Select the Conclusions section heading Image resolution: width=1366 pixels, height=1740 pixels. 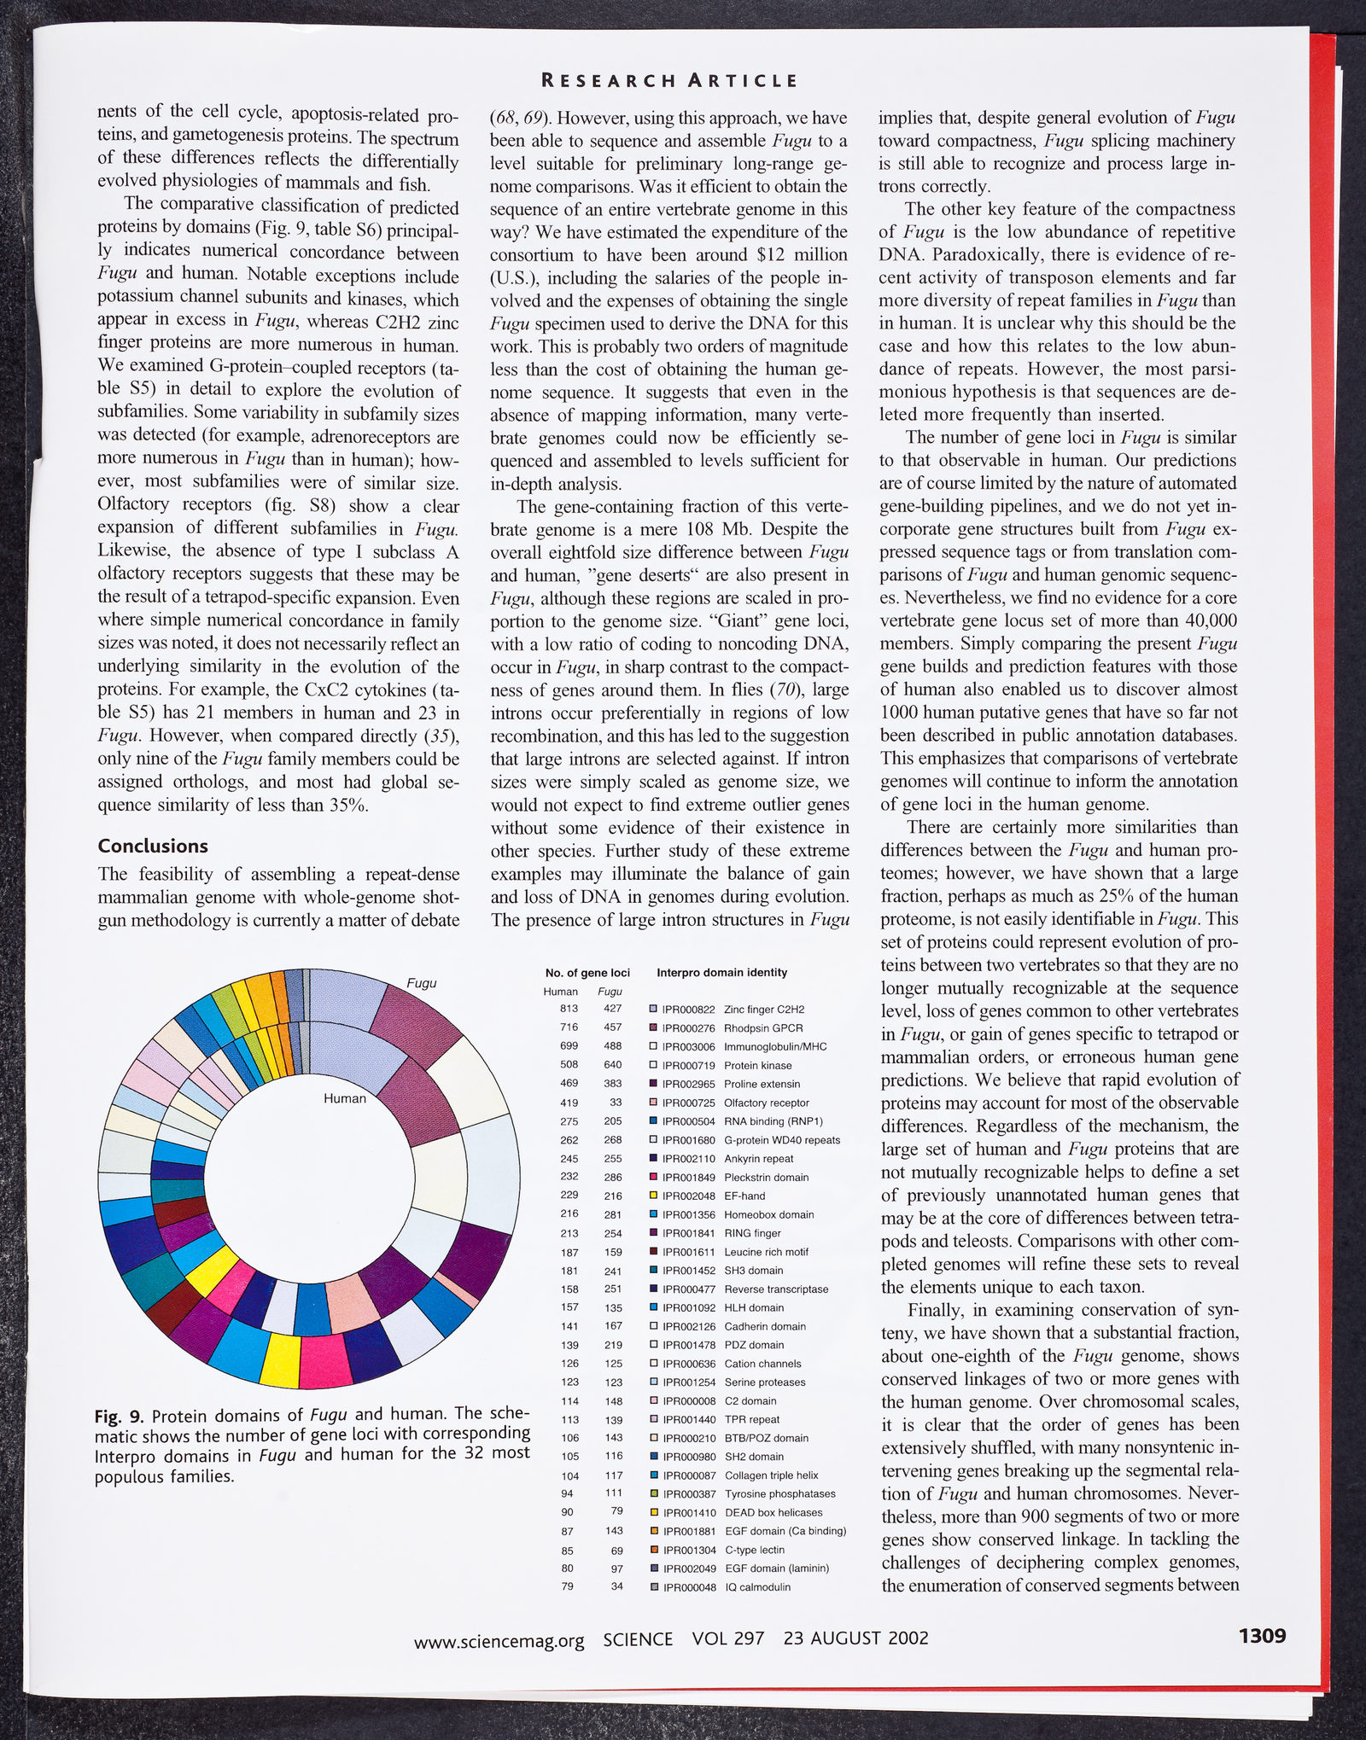(153, 846)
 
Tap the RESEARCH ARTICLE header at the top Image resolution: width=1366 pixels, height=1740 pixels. (670, 81)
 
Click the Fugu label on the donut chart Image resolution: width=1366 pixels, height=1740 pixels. (421, 983)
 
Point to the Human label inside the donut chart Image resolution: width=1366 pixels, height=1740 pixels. (344, 1098)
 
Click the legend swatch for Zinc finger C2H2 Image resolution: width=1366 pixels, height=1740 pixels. (653, 1010)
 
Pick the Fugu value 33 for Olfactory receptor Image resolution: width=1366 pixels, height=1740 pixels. (616, 1103)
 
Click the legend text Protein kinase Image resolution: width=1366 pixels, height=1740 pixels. (757, 1065)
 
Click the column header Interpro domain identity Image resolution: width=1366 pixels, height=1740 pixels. (722, 973)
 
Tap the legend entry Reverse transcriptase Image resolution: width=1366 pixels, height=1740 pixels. (776, 1289)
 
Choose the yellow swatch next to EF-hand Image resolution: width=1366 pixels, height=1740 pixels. (653, 1196)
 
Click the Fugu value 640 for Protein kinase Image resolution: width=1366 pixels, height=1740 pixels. (612, 1065)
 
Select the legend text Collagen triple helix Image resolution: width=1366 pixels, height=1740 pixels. (771, 1475)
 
